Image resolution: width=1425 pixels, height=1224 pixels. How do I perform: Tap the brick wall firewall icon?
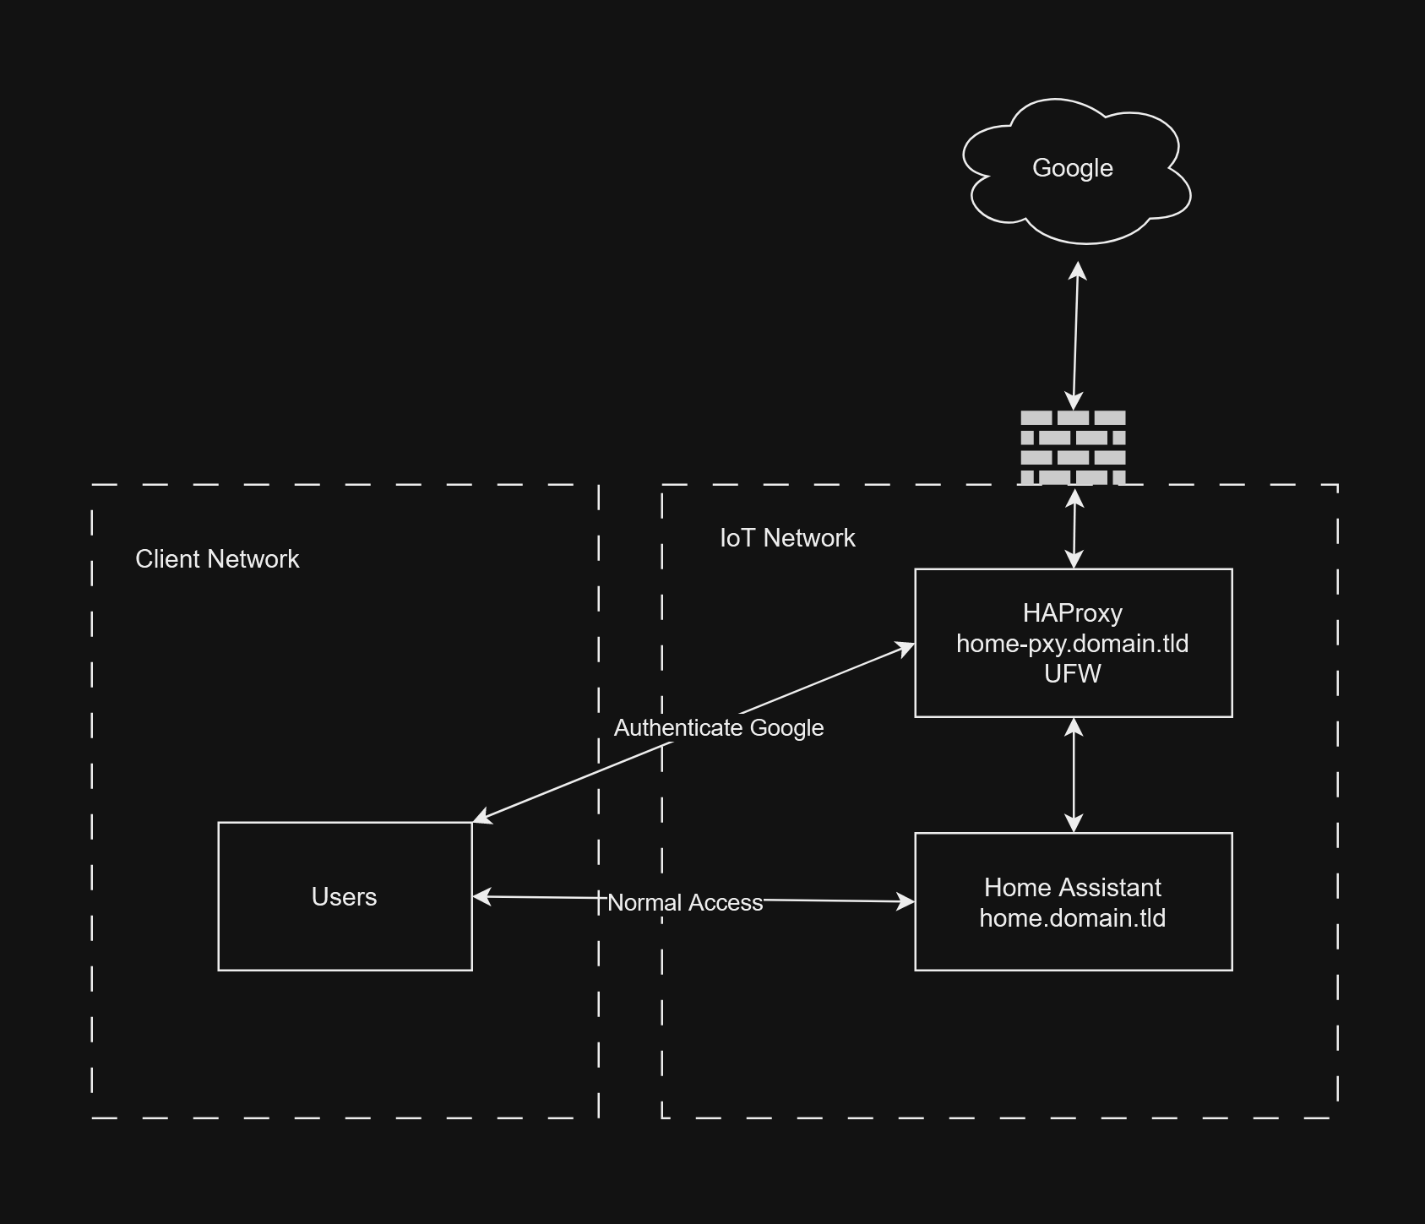[x=1073, y=447]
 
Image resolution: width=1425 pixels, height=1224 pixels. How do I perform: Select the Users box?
[x=345, y=929]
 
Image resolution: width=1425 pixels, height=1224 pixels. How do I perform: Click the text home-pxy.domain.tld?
[x=1072, y=644]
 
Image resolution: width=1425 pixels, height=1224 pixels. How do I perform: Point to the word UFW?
[x=1072, y=674]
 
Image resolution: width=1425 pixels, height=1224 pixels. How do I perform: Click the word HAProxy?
[x=1072, y=613]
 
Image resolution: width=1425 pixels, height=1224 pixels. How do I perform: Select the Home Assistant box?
[x=1073, y=946]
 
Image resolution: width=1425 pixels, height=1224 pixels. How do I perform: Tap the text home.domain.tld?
[x=1072, y=918]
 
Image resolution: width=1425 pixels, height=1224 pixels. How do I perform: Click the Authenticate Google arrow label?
[x=718, y=728]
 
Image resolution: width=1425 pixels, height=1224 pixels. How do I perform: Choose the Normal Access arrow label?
[x=685, y=903]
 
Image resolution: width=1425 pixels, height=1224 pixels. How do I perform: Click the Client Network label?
[x=217, y=559]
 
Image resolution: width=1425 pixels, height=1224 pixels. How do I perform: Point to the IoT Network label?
[x=786, y=538]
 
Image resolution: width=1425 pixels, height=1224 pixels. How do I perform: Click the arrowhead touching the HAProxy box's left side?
[x=906, y=649]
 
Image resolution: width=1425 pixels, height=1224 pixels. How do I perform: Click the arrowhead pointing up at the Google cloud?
[x=1078, y=271]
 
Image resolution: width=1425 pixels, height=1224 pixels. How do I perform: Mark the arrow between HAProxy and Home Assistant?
[x=1074, y=775]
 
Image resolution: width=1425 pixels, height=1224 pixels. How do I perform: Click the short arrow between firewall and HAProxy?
[x=1074, y=528]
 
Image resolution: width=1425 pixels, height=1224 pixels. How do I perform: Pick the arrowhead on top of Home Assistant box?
[x=1074, y=824]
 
